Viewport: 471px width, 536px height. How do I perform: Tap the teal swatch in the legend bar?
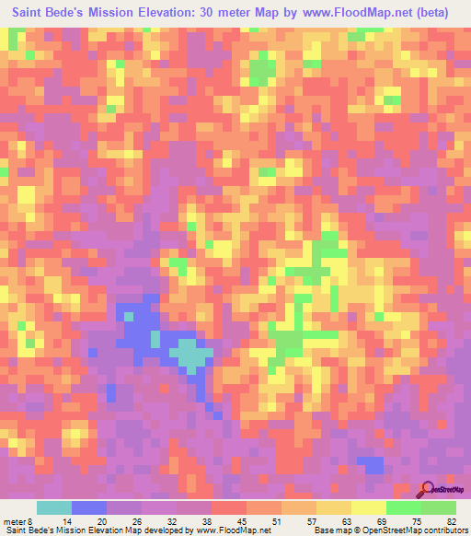(x=54, y=507)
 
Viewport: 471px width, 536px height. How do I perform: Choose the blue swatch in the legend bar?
(x=89, y=507)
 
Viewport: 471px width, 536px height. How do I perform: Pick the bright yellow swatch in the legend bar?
(x=368, y=507)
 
